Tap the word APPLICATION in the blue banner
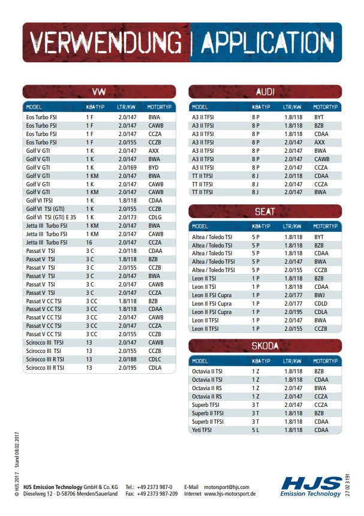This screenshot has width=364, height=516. coord(267,43)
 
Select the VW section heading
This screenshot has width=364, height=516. coord(99,92)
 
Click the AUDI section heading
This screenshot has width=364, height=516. coord(265,92)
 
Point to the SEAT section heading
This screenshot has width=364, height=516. coord(265,212)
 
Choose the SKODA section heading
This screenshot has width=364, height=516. coord(265,346)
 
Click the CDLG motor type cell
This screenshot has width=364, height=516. coord(155,218)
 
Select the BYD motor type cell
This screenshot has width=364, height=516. coord(154,168)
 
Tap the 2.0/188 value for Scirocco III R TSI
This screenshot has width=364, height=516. coord(127,359)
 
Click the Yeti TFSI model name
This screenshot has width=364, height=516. coord(201,430)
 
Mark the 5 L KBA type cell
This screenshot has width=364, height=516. coord(255,430)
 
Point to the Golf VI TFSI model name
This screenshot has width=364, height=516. coord(40,201)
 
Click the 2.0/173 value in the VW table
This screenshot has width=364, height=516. coord(127,218)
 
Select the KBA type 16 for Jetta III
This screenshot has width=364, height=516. coord(89,243)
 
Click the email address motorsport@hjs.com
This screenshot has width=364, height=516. coord(226,487)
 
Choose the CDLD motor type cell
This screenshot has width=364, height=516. coord(321,304)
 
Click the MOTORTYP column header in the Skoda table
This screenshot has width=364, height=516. coord(326,361)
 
